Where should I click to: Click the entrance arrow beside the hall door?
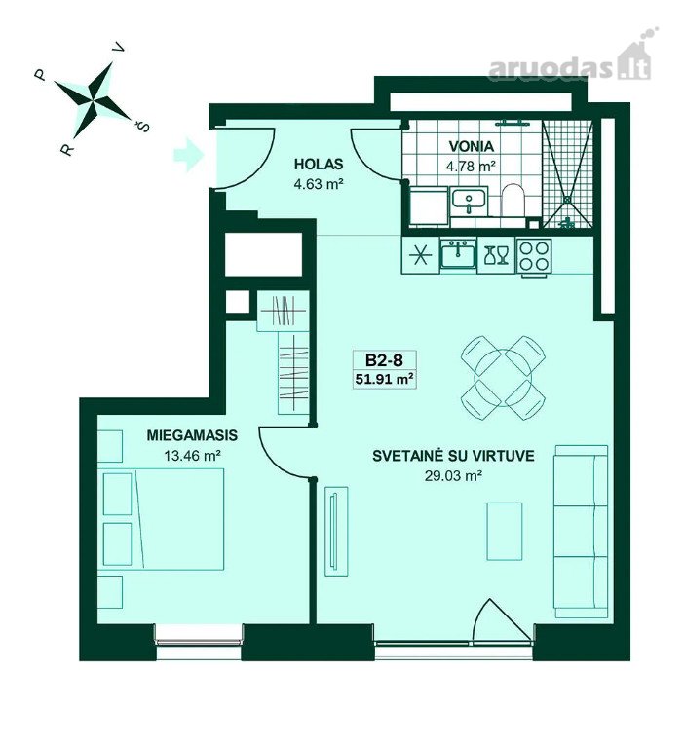pos(189,154)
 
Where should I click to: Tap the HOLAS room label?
pos(319,165)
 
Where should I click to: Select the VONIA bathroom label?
pos(471,146)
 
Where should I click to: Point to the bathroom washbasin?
pos(469,200)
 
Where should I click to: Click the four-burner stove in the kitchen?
pos(535,256)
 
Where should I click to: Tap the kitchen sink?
pos(457,255)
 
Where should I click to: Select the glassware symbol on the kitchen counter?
pos(496,255)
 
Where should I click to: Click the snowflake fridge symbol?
pos(421,256)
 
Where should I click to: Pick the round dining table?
pos(503,377)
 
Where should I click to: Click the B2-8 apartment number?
pos(385,360)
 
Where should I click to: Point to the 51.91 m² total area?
pos(383,379)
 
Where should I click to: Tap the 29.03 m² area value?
pos(453,475)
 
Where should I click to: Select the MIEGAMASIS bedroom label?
pos(192,435)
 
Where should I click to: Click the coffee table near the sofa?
pos(505,531)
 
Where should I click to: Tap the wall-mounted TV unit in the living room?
pos(336,531)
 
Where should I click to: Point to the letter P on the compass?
pos(40,75)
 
